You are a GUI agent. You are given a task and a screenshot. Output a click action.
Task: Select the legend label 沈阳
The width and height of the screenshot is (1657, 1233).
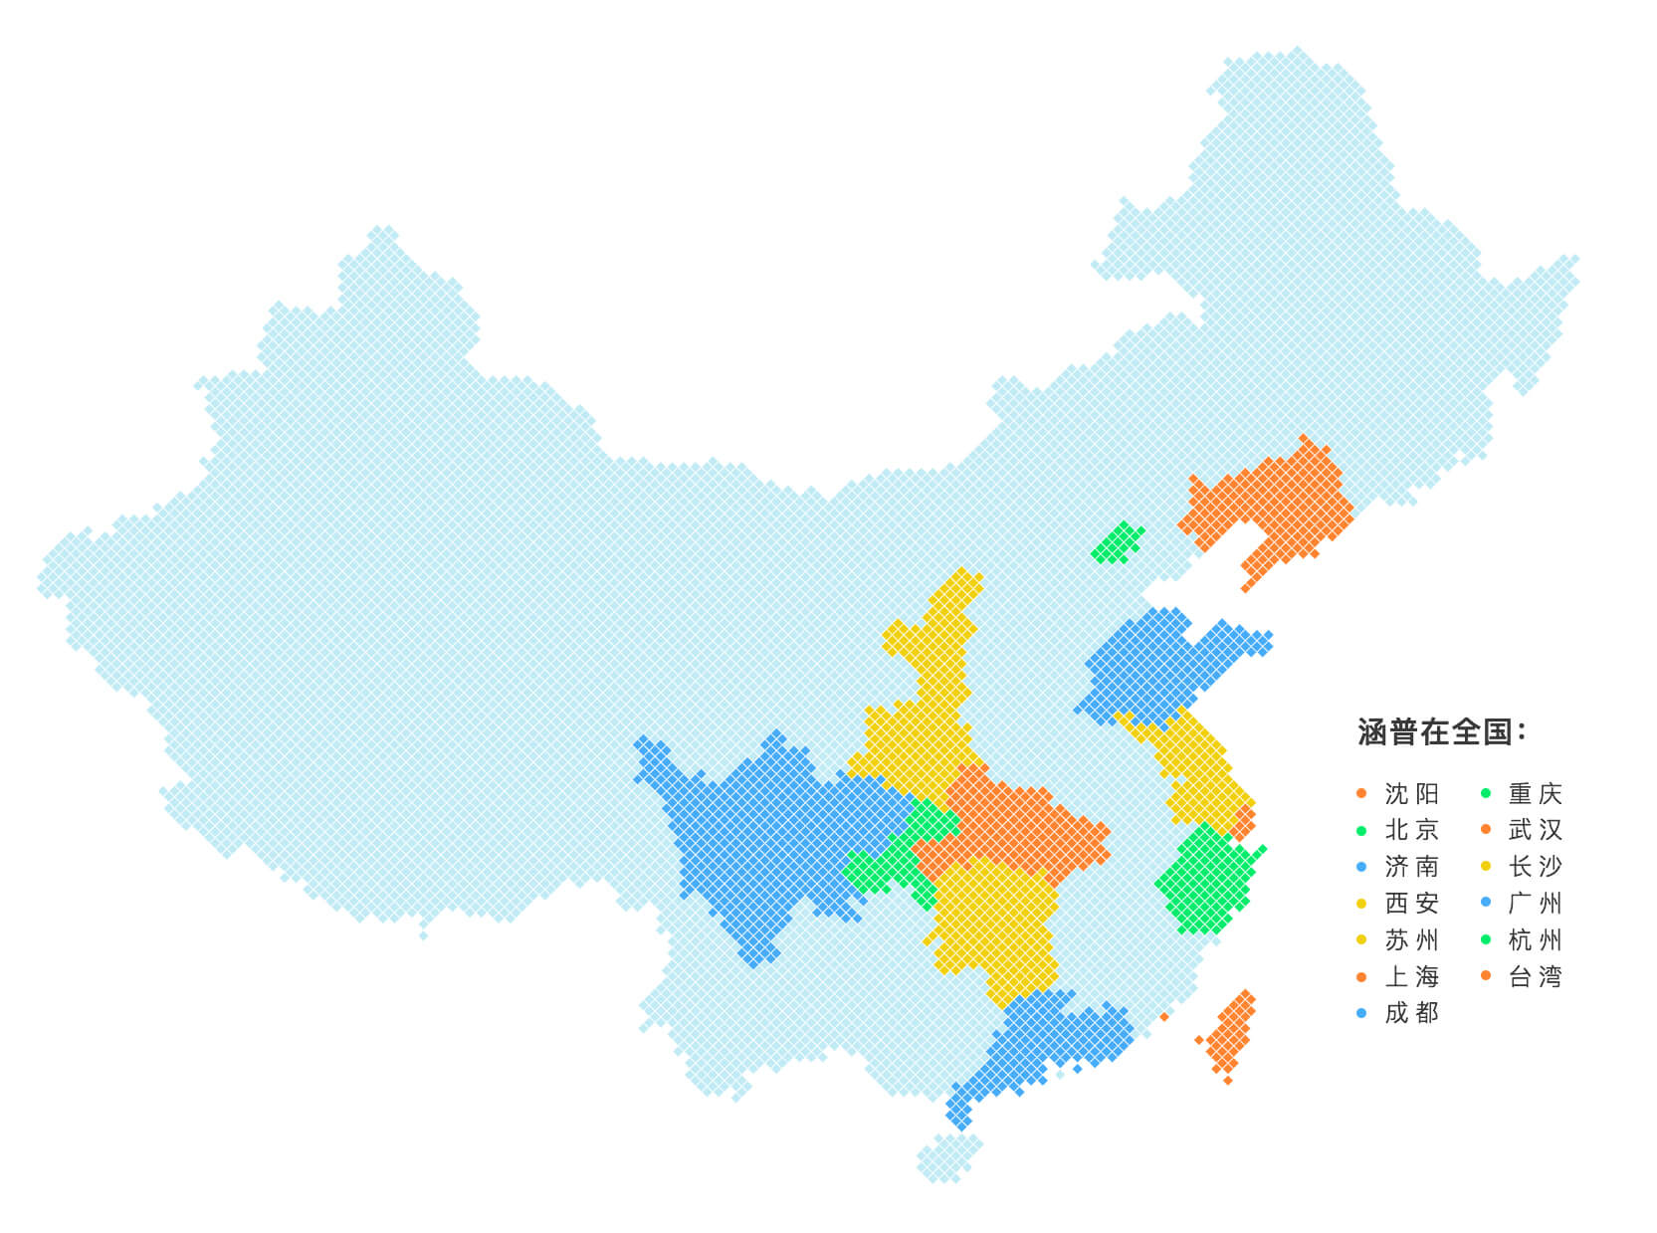[x=1411, y=794]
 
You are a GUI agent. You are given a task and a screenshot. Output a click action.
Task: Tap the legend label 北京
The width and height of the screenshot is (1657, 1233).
[x=1411, y=830]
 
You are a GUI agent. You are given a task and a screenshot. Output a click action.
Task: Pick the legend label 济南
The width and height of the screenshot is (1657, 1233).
[x=1411, y=867]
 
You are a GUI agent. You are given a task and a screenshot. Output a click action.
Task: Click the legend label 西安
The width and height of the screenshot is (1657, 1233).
[x=1411, y=904]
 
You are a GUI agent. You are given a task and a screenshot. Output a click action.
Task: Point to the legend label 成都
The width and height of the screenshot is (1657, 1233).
[x=1411, y=1013]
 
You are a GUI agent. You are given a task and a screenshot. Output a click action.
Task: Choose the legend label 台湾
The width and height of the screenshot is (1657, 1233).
[x=1535, y=976]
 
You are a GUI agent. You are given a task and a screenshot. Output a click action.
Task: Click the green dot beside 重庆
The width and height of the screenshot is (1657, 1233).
[x=1486, y=793]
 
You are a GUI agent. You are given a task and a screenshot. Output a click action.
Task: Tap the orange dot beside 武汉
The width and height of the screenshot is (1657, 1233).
[x=1486, y=830]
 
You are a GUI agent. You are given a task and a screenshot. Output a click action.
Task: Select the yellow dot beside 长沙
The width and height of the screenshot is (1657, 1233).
[x=1486, y=867]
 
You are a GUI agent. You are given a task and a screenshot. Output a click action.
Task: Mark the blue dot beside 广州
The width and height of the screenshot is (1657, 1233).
[x=1486, y=903]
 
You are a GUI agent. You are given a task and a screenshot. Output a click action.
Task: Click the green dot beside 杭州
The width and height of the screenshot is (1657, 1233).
[x=1486, y=939]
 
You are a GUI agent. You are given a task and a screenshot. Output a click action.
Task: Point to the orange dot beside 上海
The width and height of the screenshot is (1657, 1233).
[x=1361, y=976]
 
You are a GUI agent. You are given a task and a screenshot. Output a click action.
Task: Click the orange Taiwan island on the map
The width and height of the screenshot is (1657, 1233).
[x=1231, y=1035]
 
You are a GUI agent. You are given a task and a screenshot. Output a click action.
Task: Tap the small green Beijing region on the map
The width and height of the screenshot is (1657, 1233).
[x=1117, y=543]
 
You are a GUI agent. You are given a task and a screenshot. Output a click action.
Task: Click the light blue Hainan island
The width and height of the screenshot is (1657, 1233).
[x=947, y=1158]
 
